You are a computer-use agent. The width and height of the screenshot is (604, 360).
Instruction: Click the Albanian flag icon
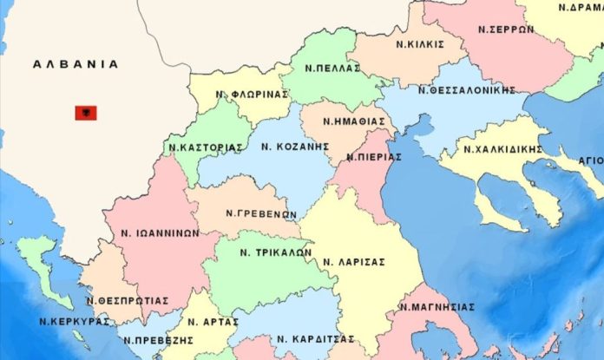coord(86,113)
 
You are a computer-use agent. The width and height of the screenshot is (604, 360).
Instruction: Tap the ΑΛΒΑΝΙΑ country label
coord(75,64)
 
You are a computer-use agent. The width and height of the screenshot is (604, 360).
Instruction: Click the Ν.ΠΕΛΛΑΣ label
coord(332,67)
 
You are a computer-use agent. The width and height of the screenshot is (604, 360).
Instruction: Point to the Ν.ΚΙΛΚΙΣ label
coord(420,43)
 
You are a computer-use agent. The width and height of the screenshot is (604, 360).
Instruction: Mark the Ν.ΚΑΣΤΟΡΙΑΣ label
coord(205,147)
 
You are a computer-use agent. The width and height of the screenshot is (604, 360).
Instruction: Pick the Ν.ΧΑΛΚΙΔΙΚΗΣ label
coord(503,149)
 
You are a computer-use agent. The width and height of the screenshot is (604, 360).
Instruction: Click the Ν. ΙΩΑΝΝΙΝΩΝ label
coord(161,232)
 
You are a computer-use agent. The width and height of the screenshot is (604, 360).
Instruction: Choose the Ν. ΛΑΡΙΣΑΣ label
coord(354,260)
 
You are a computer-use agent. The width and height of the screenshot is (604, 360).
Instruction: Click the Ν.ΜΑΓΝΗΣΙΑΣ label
coord(438,306)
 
